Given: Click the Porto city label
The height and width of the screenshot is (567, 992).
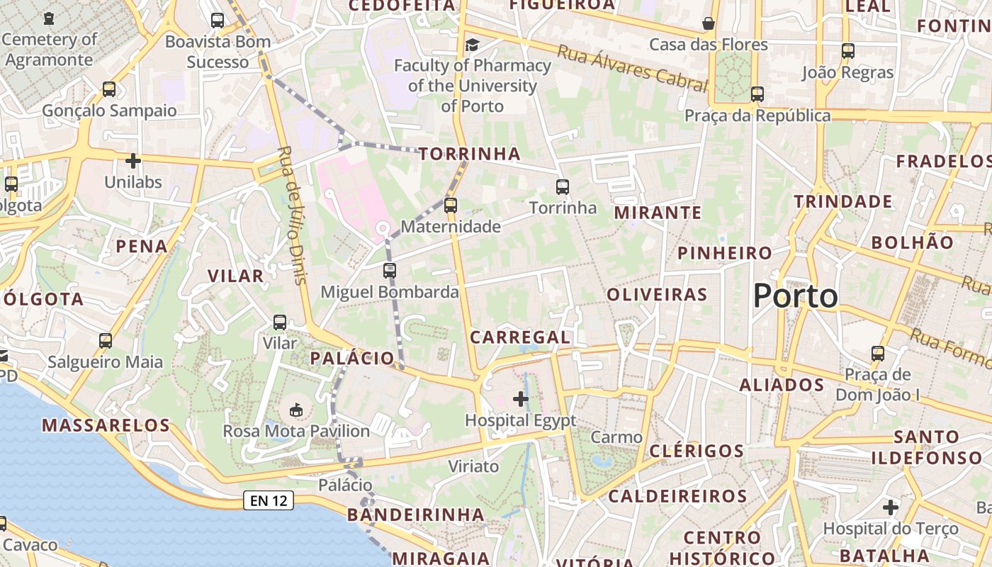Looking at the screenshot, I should (x=795, y=295).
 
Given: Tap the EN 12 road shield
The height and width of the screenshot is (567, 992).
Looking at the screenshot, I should (x=268, y=500).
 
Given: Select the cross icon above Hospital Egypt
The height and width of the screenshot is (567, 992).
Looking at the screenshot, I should (x=521, y=399).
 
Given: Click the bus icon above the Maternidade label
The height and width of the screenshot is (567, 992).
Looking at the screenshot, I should (x=451, y=206).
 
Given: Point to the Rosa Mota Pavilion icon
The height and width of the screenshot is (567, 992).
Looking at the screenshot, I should (x=296, y=410).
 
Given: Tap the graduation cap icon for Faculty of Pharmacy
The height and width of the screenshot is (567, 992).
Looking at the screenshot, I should (x=472, y=45).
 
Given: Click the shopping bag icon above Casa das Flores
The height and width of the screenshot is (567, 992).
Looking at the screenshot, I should (x=708, y=23).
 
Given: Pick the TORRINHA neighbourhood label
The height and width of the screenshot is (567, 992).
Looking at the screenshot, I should (x=469, y=154).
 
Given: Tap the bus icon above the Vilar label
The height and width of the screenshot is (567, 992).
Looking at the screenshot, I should (x=280, y=322).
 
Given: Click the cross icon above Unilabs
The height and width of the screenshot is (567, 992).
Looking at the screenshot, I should (x=133, y=161).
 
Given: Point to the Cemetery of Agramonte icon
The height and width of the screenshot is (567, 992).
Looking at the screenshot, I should (x=48, y=18).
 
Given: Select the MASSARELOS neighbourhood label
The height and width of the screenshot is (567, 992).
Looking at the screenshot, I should (x=106, y=425).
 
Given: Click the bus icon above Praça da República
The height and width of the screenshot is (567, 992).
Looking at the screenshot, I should (x=757, y=94).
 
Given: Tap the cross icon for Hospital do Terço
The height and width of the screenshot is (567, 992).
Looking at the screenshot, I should (x=891, y=507).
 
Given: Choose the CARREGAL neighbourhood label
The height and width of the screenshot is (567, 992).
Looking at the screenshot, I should (x=520, y=337).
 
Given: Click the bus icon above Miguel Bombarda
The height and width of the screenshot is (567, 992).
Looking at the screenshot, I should (x=389, y=270).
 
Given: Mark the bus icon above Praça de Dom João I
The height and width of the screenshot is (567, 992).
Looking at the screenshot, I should (x=878, y=353).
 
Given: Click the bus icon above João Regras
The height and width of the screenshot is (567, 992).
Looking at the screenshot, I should (x=848, y=51).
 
